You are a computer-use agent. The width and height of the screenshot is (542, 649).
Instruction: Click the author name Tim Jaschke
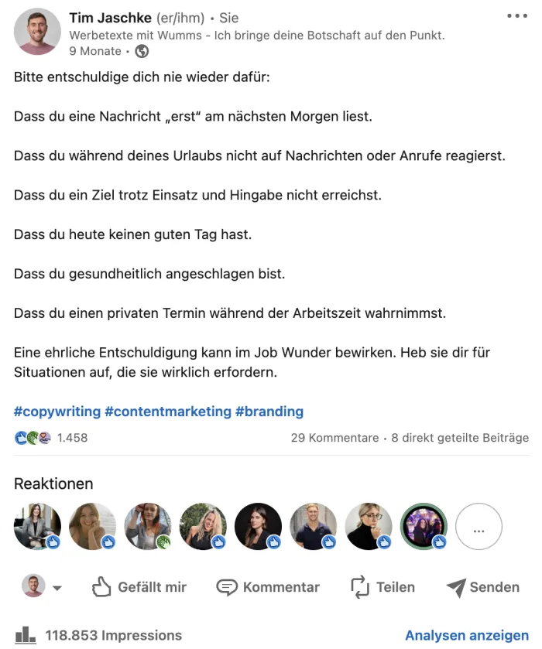(x=110, y=18)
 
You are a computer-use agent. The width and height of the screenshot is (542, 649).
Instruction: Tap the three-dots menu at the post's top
(x=516, y=16)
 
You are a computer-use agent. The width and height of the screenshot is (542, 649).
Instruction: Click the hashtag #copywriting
(x=57, y=412)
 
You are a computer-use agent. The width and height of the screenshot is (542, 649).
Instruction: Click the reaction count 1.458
(x=72, y=438)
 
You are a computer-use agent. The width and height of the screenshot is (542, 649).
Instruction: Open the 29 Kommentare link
(x=334, y=438)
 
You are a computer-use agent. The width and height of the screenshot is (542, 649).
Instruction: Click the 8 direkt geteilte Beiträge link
(x=460, y=438)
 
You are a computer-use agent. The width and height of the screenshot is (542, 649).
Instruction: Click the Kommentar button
(x=268, y=587)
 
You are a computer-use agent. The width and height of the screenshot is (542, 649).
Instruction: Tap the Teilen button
(x=382, y=587)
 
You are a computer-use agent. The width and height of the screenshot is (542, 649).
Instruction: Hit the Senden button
(x=482, y=587)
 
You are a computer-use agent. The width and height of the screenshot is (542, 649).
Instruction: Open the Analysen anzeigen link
(x=467, y=636)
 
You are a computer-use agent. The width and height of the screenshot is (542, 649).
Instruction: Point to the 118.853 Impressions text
(x=113, y=636)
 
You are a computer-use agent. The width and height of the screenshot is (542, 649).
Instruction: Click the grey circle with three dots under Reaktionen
(x=479, y=527)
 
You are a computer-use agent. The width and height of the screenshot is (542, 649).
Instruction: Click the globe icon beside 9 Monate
(x=142, y=51)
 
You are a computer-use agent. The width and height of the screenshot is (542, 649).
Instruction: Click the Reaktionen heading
(x=53, y=483)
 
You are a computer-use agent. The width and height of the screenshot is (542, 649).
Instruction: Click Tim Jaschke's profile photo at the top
(x=37, y=32)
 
